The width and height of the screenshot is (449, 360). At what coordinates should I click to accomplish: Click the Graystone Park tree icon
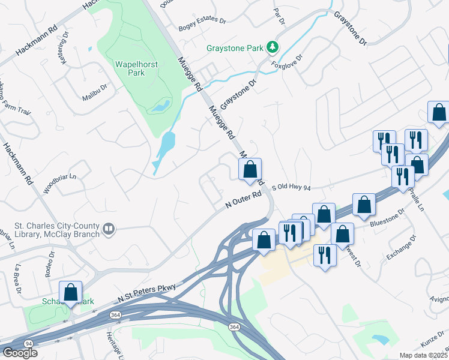coord(273,47)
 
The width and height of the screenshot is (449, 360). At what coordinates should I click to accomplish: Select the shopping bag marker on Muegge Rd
coord(250,169)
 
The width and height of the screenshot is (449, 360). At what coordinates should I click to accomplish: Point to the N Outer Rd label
coord(244,200)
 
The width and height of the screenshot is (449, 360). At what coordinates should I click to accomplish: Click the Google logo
coord(20,353)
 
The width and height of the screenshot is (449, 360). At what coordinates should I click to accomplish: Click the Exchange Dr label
coord(401,248)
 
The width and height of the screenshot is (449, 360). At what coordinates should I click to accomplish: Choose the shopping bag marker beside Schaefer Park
coord(71,293)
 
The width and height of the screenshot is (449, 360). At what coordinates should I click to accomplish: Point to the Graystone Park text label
coord(235,47)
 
